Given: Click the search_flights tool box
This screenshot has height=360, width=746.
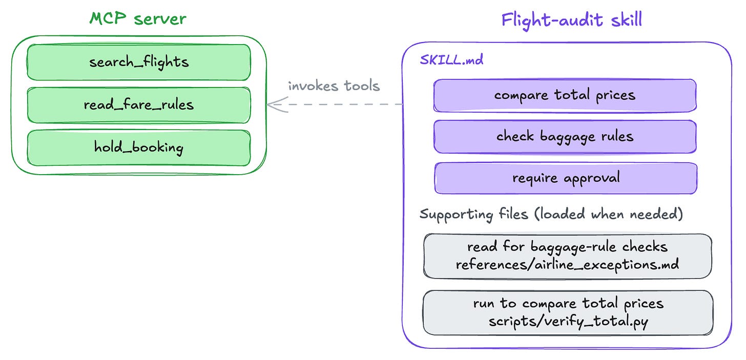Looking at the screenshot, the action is pos(138,62).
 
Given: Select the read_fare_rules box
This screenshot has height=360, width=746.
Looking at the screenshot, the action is pos(138,105).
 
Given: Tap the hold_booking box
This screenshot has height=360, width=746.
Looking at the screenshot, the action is pos(138,147).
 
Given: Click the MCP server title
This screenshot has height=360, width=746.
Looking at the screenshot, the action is pos(138,18).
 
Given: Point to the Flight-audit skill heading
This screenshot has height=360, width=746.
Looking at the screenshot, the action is pos(571,20).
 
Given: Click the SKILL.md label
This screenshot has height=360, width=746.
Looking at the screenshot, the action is pos(451,60).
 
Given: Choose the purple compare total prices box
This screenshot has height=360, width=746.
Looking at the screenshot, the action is pos(565,95).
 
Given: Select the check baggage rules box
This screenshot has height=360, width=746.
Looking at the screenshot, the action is pos(565,137).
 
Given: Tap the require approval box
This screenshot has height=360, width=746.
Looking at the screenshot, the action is pos(566,178).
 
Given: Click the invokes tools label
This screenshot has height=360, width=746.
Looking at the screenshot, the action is pos(334,86).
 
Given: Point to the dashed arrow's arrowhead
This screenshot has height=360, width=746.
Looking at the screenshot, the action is pos(268,104).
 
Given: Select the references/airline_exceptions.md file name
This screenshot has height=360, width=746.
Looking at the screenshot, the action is pos(567,265).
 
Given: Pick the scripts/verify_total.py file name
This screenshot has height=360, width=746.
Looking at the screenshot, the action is pos(568,322).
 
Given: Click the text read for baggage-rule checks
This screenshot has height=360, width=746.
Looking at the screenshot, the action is pos(567,247).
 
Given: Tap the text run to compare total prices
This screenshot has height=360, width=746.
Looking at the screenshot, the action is pos(568,304).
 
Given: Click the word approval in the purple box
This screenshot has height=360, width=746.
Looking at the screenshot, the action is pos(592,178).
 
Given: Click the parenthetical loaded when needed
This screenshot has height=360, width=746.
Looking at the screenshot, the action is pos(609,214).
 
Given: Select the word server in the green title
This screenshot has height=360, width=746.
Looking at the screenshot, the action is pos(160,19).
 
